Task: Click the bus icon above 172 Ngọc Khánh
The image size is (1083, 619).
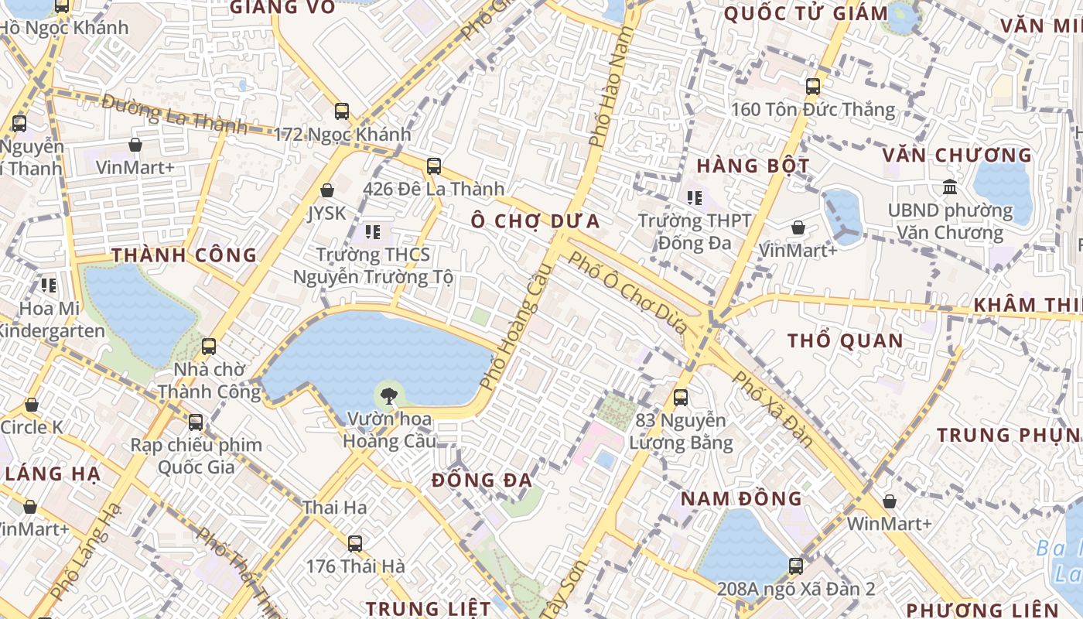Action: click(x=342, y=111)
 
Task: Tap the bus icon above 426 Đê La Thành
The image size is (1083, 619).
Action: click(x=434, y=166)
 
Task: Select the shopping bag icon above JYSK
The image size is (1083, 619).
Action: click(x=327, y=190)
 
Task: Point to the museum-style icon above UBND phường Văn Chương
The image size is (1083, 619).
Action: click(x=949, y=187)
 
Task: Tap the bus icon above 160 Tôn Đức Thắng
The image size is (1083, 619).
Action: click(x=812, y=87)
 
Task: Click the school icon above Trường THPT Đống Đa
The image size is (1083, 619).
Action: click(x=694, y=199)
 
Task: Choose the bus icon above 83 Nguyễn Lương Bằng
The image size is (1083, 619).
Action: click(x=681, y=398)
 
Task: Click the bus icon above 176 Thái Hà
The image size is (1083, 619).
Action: click(x=355, y=544)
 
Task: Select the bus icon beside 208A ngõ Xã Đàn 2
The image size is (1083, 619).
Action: click(x=795, y=566)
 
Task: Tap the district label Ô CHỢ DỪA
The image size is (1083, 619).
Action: click(x=535, y=221)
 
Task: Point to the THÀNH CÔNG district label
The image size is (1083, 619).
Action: click(x=184, y=255)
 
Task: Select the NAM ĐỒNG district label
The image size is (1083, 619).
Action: click(x=741, y=498)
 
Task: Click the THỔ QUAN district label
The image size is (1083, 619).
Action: click(x=845, y=340)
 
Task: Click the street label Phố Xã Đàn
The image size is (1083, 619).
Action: click(x=772, y=409)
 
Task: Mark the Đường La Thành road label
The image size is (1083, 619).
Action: click(x=173, y=113)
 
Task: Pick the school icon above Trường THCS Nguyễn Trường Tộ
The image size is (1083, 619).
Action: click(x=373, y=231)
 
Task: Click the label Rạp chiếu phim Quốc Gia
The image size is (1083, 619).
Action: click(x=196, y=456)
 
